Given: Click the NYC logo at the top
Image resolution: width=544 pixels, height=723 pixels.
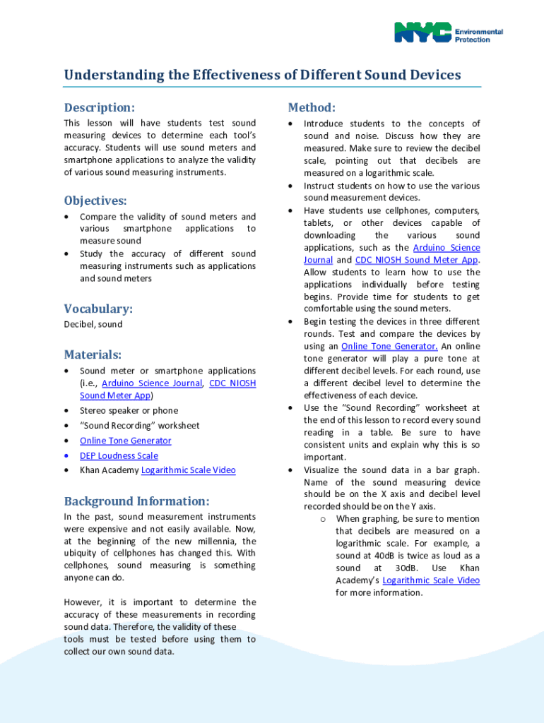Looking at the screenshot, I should (x=422, y=32).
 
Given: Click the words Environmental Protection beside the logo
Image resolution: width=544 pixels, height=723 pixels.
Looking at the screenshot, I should (x=478, y=36).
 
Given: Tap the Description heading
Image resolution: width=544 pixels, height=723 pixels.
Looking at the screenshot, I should (x=99, y=108).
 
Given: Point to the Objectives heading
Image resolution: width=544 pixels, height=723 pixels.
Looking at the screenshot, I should (x=95, y=201).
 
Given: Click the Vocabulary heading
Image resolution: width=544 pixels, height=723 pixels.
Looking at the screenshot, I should (x=98, y=309).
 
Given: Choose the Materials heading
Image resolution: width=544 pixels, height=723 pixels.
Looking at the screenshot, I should (x=93, y=354).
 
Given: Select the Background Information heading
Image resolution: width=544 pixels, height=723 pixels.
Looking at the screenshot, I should (x=136, y=501).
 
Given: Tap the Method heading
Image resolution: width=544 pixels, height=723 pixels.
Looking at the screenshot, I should (x=311, y=107).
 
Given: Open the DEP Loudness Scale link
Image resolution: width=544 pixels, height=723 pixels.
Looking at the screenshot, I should (x=119, y=455).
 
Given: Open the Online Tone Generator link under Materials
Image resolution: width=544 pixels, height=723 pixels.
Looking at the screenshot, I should (x=125, y=441).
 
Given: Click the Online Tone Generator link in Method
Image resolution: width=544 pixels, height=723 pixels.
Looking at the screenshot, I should (x=389, y=346).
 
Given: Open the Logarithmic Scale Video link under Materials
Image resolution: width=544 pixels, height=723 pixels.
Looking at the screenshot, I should (x=188, y=470).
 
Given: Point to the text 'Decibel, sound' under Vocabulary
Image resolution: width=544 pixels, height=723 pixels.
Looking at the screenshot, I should (x=93, y=325).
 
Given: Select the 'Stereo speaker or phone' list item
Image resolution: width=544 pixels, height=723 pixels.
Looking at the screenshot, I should (x=129, y=410).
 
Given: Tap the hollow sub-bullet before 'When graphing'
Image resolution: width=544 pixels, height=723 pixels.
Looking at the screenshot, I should (x=322, y=519).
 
